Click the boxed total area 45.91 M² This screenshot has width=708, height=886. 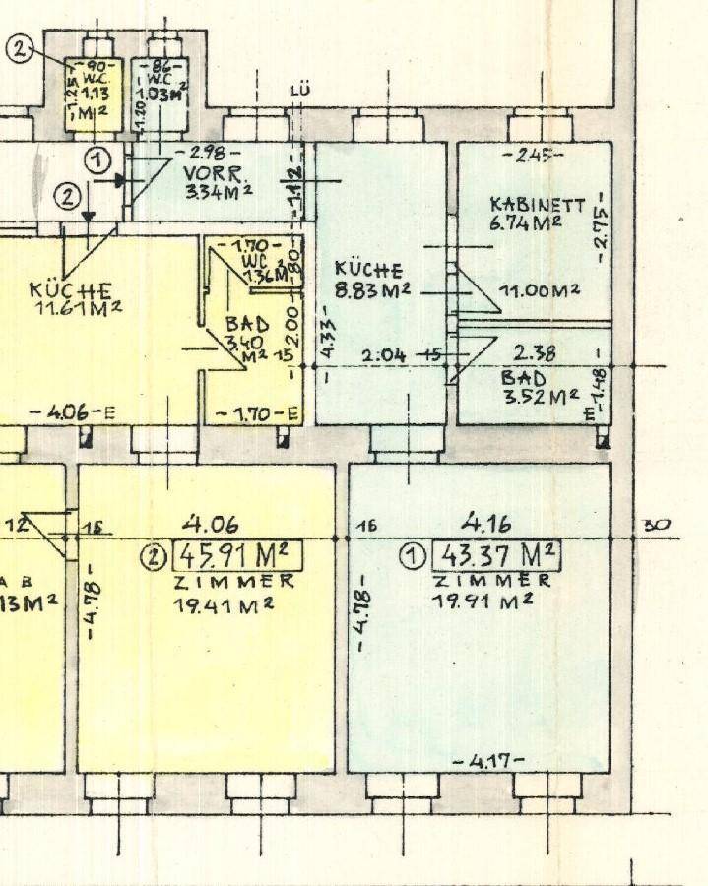click(x=237, y=557)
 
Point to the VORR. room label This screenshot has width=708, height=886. click(x=205, y=169)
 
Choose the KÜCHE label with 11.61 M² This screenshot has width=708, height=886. click(x=69, y=291)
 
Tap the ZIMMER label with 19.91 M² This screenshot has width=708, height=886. click(x=492, y=581)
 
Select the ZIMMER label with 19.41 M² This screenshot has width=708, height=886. click(x=234, y=581)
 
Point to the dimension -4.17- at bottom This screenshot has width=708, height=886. click(x=487, y=761)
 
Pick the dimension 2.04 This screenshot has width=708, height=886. click(x=384, y=354)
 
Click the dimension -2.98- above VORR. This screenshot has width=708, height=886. click(x=195, y=153)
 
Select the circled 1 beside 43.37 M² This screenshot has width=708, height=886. click(x=412, y=557)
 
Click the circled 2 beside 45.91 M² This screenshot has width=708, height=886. click(x=153, y=558)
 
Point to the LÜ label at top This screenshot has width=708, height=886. click(x=300, y=93)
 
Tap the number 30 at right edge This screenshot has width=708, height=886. click(x=656, y=525)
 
